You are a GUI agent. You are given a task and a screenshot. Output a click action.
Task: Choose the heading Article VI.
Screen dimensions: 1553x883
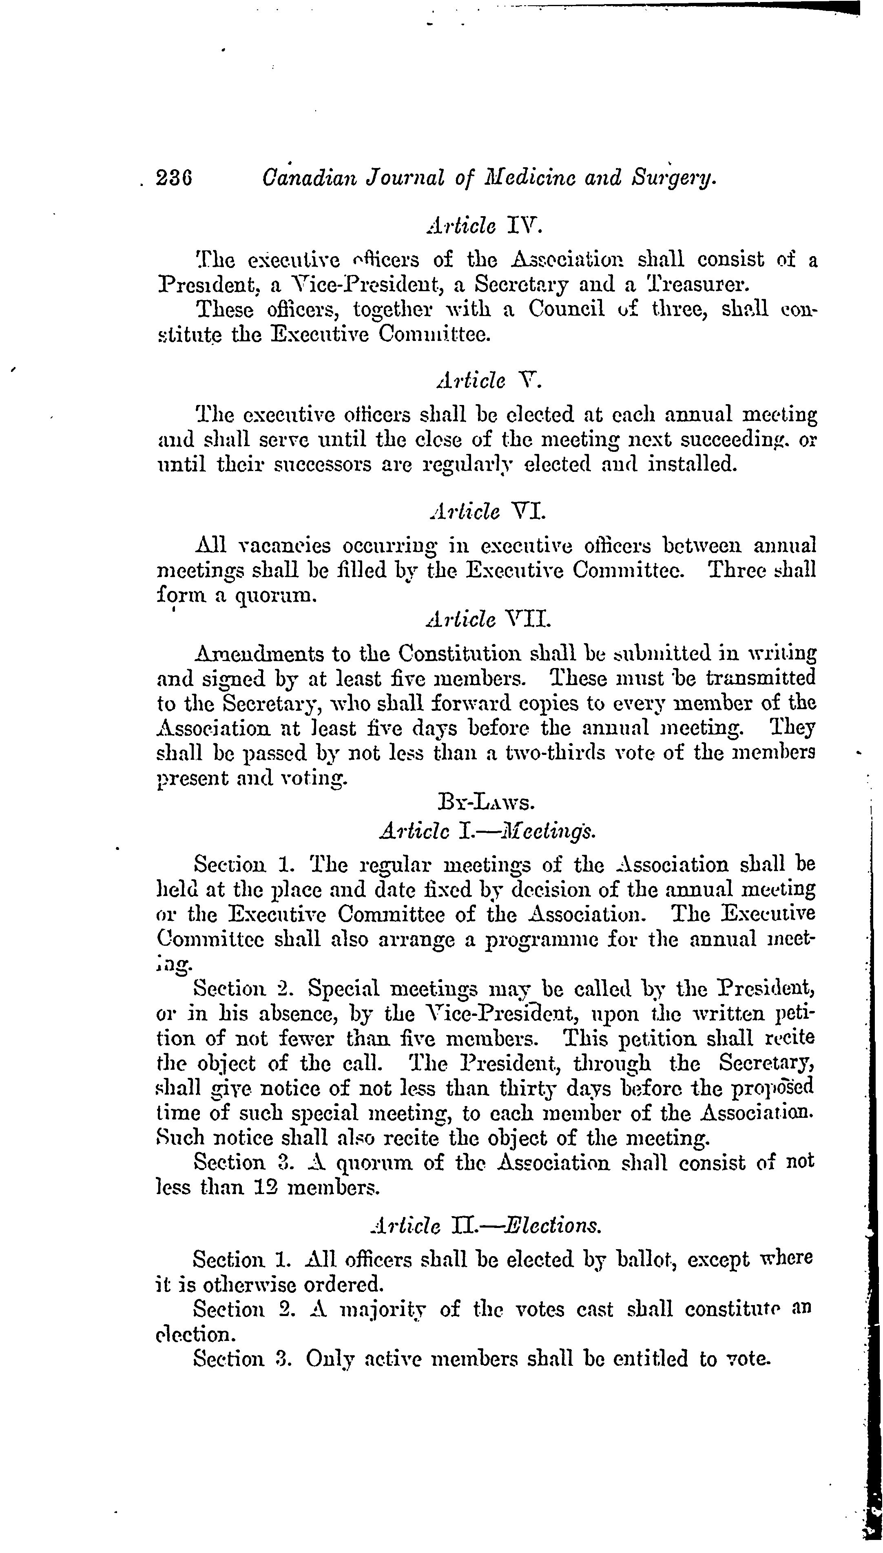487,512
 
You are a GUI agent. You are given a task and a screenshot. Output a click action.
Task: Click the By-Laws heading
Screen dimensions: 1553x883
486,803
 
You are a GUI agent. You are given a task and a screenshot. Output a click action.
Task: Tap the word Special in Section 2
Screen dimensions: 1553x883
342,989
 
